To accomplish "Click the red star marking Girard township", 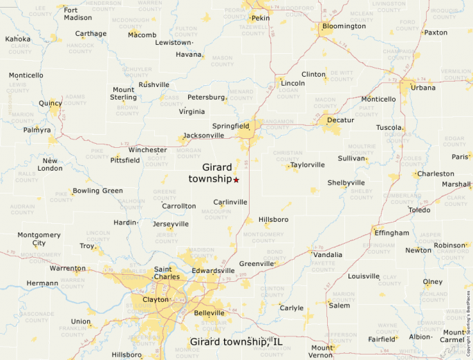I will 236,180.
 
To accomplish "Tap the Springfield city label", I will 230,126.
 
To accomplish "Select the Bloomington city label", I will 344,26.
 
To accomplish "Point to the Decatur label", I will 340,120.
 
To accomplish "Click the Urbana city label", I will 423,88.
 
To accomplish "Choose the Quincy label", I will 50,104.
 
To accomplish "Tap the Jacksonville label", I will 204,136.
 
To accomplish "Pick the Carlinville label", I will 230,202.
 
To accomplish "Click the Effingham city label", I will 392,233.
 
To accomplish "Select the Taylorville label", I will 308,165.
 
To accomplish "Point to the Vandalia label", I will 328,254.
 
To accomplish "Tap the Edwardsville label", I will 214,270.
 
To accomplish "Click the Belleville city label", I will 210,313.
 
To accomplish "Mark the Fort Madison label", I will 77,14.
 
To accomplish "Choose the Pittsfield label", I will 125,160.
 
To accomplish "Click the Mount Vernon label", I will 322,351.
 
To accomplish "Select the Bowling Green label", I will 98,191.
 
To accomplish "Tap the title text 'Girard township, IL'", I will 236,342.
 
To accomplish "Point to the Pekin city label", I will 261,18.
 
